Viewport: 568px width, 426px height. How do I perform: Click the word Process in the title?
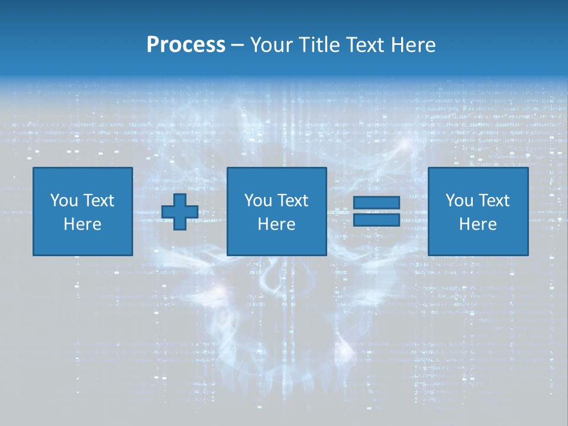[186, 45]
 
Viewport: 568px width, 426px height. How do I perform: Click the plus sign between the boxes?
[180, 212]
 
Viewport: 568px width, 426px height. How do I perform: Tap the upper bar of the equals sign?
[376, 202]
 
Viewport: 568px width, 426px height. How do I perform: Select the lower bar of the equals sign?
[376, 220]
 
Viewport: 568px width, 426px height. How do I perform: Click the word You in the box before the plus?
[64, 201]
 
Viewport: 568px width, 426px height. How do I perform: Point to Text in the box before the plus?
[98, 201]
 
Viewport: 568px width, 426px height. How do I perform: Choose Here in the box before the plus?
[82, 224]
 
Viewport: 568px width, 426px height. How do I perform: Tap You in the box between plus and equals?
[258, 201]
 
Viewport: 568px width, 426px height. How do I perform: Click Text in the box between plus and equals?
[292, 201]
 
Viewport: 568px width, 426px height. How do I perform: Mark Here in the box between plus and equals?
[276, 224]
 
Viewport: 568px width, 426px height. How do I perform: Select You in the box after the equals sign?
[459, 201]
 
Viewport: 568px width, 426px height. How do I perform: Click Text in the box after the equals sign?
[493, 201]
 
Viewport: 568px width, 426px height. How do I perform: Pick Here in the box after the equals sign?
[477, 224]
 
